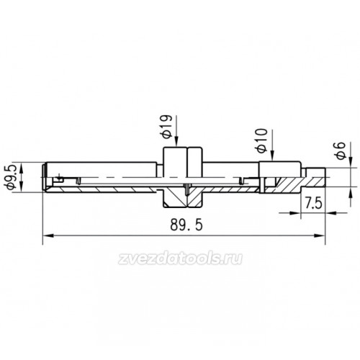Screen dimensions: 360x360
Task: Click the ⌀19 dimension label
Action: pos(167,127)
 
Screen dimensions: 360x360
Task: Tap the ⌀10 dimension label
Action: pos(262,140)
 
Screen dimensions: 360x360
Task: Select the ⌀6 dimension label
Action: pos(341,150)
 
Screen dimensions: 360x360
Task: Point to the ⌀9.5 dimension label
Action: pos(12,177)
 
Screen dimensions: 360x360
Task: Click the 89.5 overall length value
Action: pos(186,225)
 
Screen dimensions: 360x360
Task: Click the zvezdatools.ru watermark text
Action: pos(180,258)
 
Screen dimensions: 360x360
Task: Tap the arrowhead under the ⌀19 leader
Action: pos(176,142)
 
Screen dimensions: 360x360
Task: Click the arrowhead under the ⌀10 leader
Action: pos(272,156)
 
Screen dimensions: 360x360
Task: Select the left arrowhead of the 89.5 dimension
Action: pos(48,235)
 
